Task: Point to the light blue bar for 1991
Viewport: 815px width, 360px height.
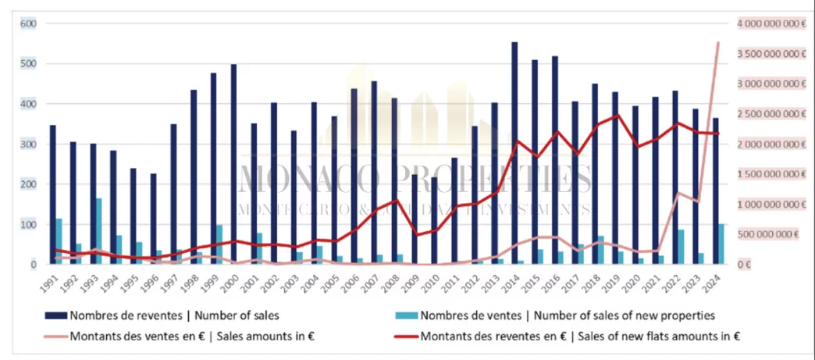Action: [x=59, y=241]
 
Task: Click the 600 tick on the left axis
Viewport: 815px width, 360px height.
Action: [x=28, y=23]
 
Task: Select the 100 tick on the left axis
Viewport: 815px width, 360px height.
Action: [x=28, y=225]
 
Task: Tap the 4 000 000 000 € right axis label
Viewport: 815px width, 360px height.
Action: [x=771, y=23]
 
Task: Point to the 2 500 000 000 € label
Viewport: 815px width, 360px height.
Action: [x=771, y=114]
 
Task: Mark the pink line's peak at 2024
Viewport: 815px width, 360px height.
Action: [x=718, y=42]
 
